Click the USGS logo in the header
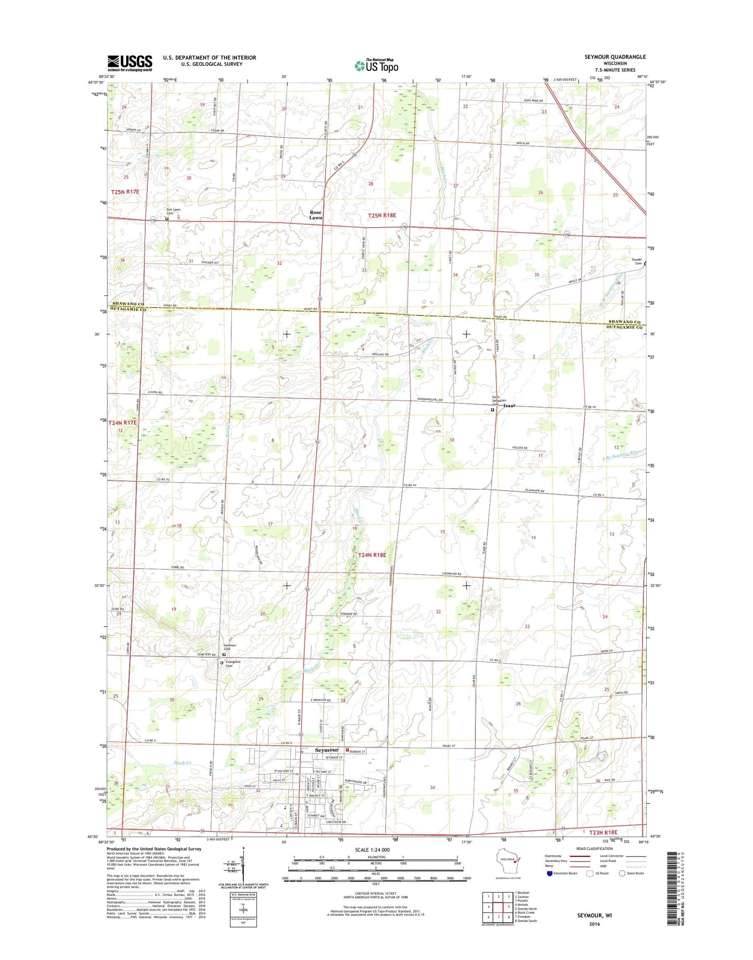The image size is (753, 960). pos(130,63)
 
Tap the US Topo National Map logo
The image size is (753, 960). pos(376,65)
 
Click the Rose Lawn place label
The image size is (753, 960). pos(316,215)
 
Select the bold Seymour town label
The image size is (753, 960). pos(327,750)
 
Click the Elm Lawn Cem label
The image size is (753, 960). pos(174,212)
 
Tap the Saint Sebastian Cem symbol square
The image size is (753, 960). pos(492,410)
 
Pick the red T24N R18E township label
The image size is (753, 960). pos(372,555)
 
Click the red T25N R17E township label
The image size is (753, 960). pos(125,192)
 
